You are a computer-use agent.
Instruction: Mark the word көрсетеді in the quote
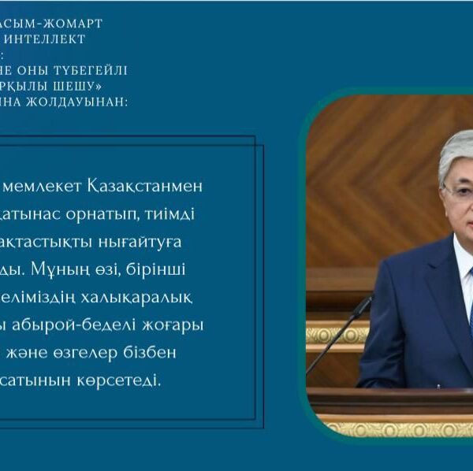click(119, 381)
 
